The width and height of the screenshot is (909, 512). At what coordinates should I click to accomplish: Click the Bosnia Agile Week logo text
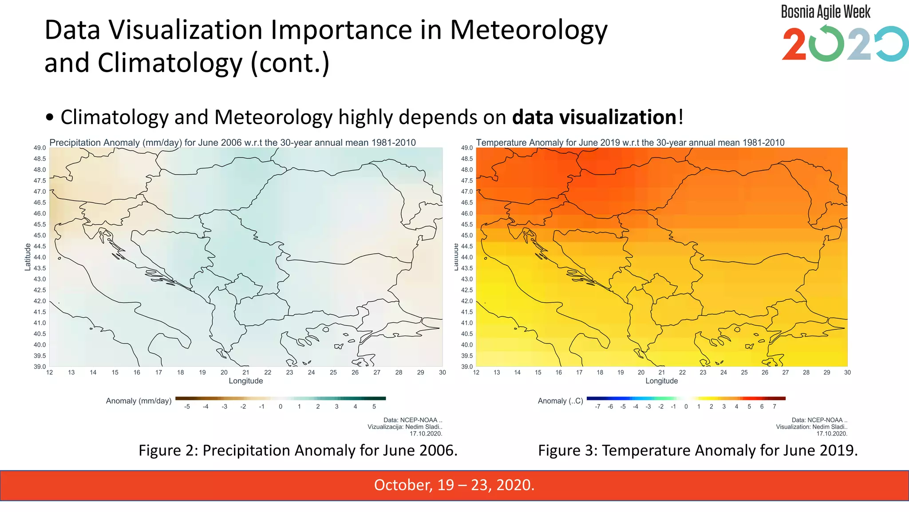point(826,12)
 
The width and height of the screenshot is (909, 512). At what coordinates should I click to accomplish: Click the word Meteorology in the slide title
point(528,30)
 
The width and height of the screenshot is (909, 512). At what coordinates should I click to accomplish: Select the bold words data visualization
point(594,117)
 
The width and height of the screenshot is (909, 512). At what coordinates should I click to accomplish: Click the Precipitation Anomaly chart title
point(233,143)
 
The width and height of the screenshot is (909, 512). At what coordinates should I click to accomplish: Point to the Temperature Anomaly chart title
point(630,143)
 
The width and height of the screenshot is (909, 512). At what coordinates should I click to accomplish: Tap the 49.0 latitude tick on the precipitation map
point(40,148)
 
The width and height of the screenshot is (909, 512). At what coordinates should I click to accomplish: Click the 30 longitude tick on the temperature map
point(847,372)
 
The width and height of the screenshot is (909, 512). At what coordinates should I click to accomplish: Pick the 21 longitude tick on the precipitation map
point(246,372)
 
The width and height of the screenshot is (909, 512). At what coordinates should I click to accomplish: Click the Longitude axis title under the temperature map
point(661,381)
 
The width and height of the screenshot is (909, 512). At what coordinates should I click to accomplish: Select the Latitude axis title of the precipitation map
point(28,257)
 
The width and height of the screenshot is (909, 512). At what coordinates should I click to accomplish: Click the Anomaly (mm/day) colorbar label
point(138,401)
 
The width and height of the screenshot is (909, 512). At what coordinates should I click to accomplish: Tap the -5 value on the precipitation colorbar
point(187,407)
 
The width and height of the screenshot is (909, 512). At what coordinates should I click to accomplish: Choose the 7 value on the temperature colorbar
point(775,407)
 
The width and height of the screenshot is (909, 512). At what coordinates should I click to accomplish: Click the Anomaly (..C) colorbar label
point(560,401)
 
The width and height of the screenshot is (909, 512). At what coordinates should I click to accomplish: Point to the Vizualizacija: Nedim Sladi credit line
point(405,427)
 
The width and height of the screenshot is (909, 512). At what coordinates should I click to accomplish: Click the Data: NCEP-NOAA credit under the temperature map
point(819,420)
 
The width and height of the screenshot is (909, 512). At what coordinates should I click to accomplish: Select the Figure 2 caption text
point(298,450)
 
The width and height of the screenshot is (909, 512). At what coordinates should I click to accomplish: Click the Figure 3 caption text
point(698,450)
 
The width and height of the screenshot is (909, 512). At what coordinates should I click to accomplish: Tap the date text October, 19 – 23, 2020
point(454,484)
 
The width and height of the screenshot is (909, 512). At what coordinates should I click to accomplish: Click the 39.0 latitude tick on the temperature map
point(466,367)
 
